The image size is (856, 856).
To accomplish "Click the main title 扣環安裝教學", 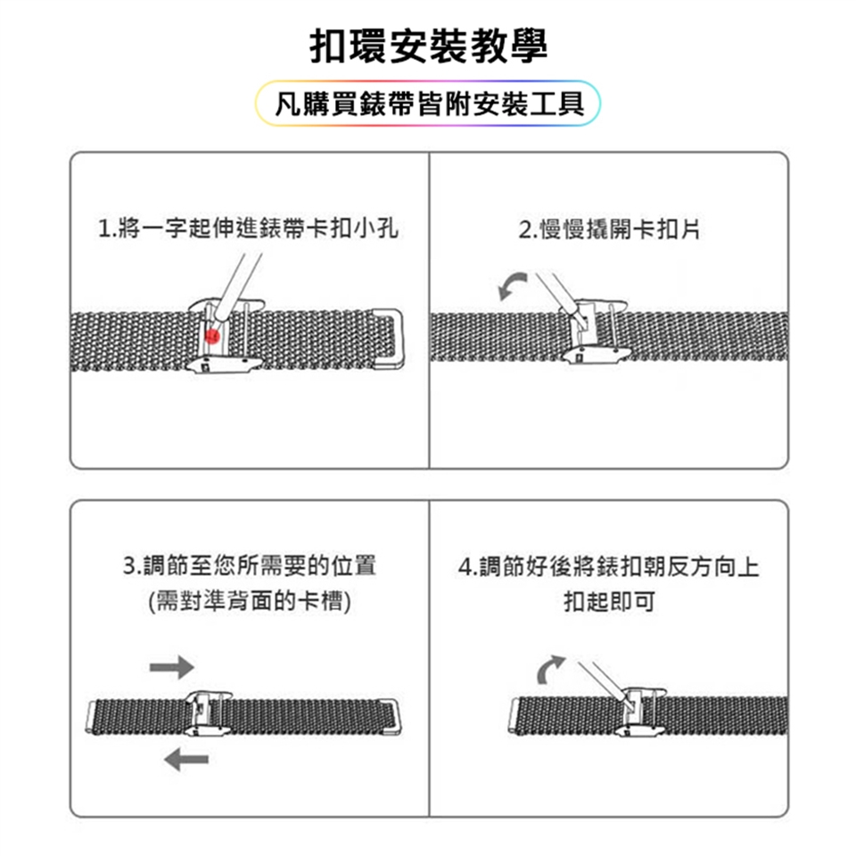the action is (428, 45).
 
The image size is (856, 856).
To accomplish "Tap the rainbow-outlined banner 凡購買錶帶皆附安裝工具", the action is (428, 103).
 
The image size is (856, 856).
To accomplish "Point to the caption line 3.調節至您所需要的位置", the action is (250, 565).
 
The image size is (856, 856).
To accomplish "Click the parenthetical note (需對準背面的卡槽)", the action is (250, 602).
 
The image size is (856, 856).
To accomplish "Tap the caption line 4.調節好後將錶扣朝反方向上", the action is (609, 567).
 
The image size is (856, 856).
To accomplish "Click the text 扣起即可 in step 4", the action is (609, 602).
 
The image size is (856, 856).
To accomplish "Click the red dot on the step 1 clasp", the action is (212, 336).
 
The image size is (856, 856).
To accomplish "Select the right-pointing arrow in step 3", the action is (172, 667).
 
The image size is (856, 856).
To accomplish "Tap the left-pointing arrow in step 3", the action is (186, 760).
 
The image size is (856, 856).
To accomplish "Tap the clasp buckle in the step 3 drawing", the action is (208, 713).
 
